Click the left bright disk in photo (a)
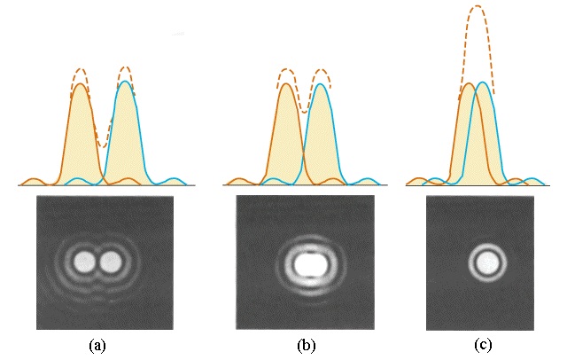click(x=85, y=262)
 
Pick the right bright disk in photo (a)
click(x=111, y=262)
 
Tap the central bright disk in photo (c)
click(x=485, y=262)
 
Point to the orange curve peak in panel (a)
click(x=80, y=84)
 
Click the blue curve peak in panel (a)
click(x=126, y=82)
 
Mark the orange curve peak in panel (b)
click(x=286, y=85)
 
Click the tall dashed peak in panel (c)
click(x=477, y=7)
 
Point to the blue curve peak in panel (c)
click(x=483, y=82)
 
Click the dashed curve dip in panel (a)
click(x=103, y=145)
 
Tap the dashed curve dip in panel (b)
click(x=303, y=111)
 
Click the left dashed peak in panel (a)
click(x=80, y=68)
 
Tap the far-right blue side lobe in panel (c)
click(x=532, y=180)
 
